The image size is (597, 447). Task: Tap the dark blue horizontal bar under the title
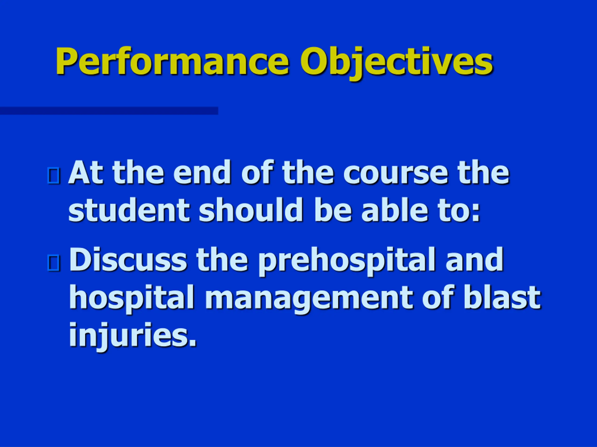pyautogui.click(x=109, y=111)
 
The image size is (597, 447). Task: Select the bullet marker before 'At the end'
pyautogui.click(x=53, y=176)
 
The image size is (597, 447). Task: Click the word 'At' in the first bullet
pyautogui.click(x=86, y=173)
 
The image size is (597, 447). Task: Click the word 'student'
pyautogui.click(x=129, y=210)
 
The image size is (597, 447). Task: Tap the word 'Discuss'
pyautogui.click(x=128, y=259)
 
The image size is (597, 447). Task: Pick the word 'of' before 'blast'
pyautogui.click(x=437, y=297)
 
